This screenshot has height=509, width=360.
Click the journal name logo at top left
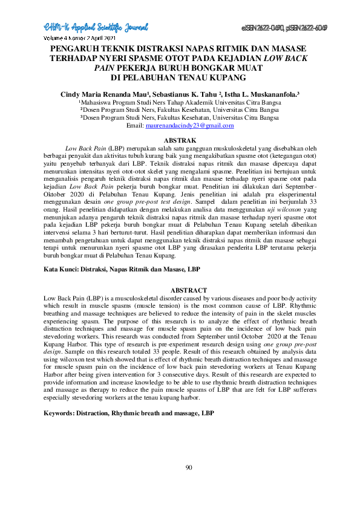click(96, 27)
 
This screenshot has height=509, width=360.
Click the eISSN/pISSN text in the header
click(284, 28)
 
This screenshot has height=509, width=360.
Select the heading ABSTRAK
click(180, 140)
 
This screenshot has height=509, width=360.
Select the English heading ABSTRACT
click(180, 291)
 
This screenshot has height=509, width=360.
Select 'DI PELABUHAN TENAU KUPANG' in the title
click(180, 77)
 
